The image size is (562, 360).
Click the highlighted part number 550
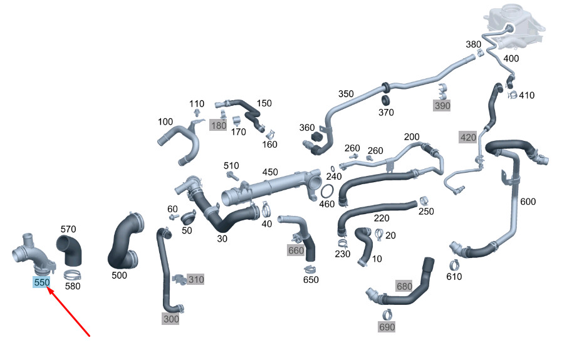pyautogui.click(x=41, y=282)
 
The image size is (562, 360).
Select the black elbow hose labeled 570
pyautogui.click(x=71, y=250)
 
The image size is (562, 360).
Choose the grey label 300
pyautogui.click(x=170, y=319)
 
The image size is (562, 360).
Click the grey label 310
pyautogui.click(x=195, y=279)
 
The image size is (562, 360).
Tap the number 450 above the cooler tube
pyautogui.click(x=269, y=172)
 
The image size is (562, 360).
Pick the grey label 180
pyautogui.click(x=218, y=125)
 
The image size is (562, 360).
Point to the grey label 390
pyautogui.click(x=442, y=106)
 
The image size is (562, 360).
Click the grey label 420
pyautogui.click(x=468, y=137)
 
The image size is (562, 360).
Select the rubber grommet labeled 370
pyautogui.click(x=387, y=100)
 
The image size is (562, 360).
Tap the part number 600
pyautogui.click(x=528, y=201)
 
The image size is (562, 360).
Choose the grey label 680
pyautogui.click(x=404, y=286)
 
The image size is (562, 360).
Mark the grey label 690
pyautogui.click(x=387, y=327)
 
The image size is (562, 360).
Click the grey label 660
pyautogui.click(x=296, y=250)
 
